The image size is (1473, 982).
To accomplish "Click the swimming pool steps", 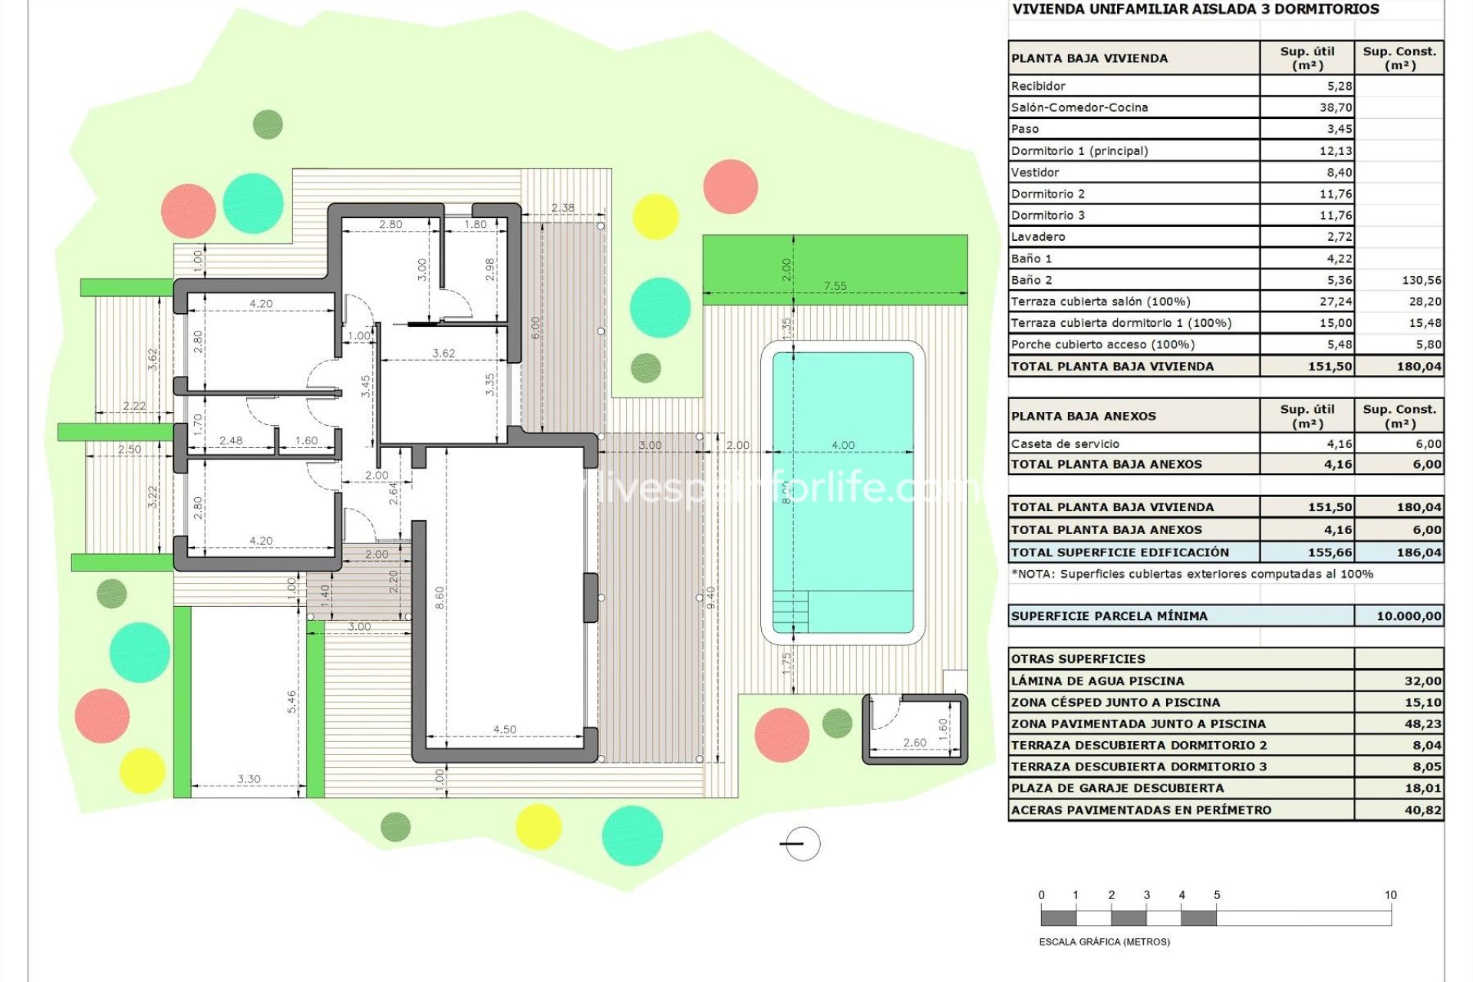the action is point(790,611).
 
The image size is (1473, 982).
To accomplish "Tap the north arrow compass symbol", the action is point(802,844).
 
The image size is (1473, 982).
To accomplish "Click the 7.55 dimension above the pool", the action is point(835,286).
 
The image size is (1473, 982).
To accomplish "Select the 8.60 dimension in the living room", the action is point(440,598).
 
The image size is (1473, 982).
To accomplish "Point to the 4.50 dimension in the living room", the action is point(505,730).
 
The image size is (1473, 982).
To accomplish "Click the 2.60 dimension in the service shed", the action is point(914,743).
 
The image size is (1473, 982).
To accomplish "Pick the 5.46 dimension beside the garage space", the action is point(292,702).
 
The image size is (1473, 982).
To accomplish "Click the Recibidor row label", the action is point(1038,86).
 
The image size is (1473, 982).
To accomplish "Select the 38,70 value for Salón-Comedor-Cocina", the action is point(1336,107).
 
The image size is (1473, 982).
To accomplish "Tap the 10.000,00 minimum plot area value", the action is point(1409,616).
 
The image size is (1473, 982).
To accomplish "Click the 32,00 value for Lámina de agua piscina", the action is point(1423,680).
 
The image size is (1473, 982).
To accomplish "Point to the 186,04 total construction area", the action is point(1419,552).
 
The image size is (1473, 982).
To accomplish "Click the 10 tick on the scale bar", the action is point(1391,895).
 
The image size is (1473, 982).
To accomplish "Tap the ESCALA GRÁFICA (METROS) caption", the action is point(1105,941).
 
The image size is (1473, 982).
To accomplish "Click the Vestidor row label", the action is point(1035,173).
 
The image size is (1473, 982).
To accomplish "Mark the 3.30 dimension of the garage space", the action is point(249,779).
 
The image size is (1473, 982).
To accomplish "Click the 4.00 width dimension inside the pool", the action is point(842,445).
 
